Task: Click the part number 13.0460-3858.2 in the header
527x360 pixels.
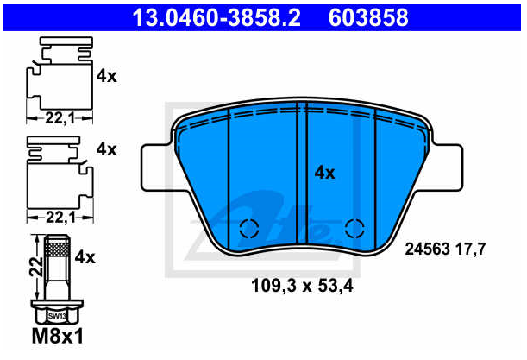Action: [216, 18]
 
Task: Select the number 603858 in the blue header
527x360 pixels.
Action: [368, 18]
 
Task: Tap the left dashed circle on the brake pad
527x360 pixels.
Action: [249, 229]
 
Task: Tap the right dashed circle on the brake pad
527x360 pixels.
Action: [354, 229]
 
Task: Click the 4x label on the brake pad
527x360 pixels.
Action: [324, 173]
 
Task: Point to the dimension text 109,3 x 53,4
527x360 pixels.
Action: [302, 286]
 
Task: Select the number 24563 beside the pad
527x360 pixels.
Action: [427, 249]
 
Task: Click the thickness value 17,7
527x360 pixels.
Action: [471, 249]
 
